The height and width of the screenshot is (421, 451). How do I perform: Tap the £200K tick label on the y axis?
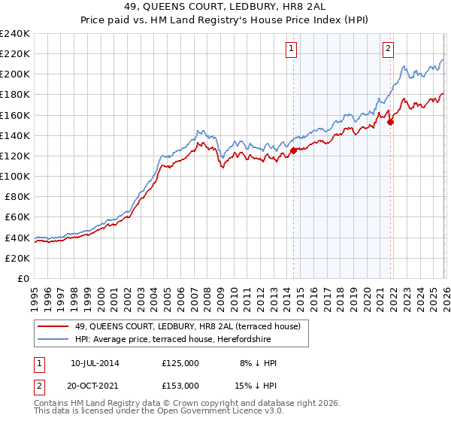pos(14,74)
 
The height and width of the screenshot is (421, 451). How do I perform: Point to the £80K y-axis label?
pos(17,197)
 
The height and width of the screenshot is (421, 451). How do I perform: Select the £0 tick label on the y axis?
pos(23,278)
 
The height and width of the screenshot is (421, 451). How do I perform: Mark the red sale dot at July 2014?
pos(292,151)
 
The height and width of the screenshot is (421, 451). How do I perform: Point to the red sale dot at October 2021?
pos(390,123)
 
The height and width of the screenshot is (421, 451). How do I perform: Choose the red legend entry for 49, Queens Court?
pos(189,326)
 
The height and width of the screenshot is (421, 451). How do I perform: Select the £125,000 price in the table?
pos(180,363)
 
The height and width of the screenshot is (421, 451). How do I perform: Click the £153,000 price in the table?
pos(180,386)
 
